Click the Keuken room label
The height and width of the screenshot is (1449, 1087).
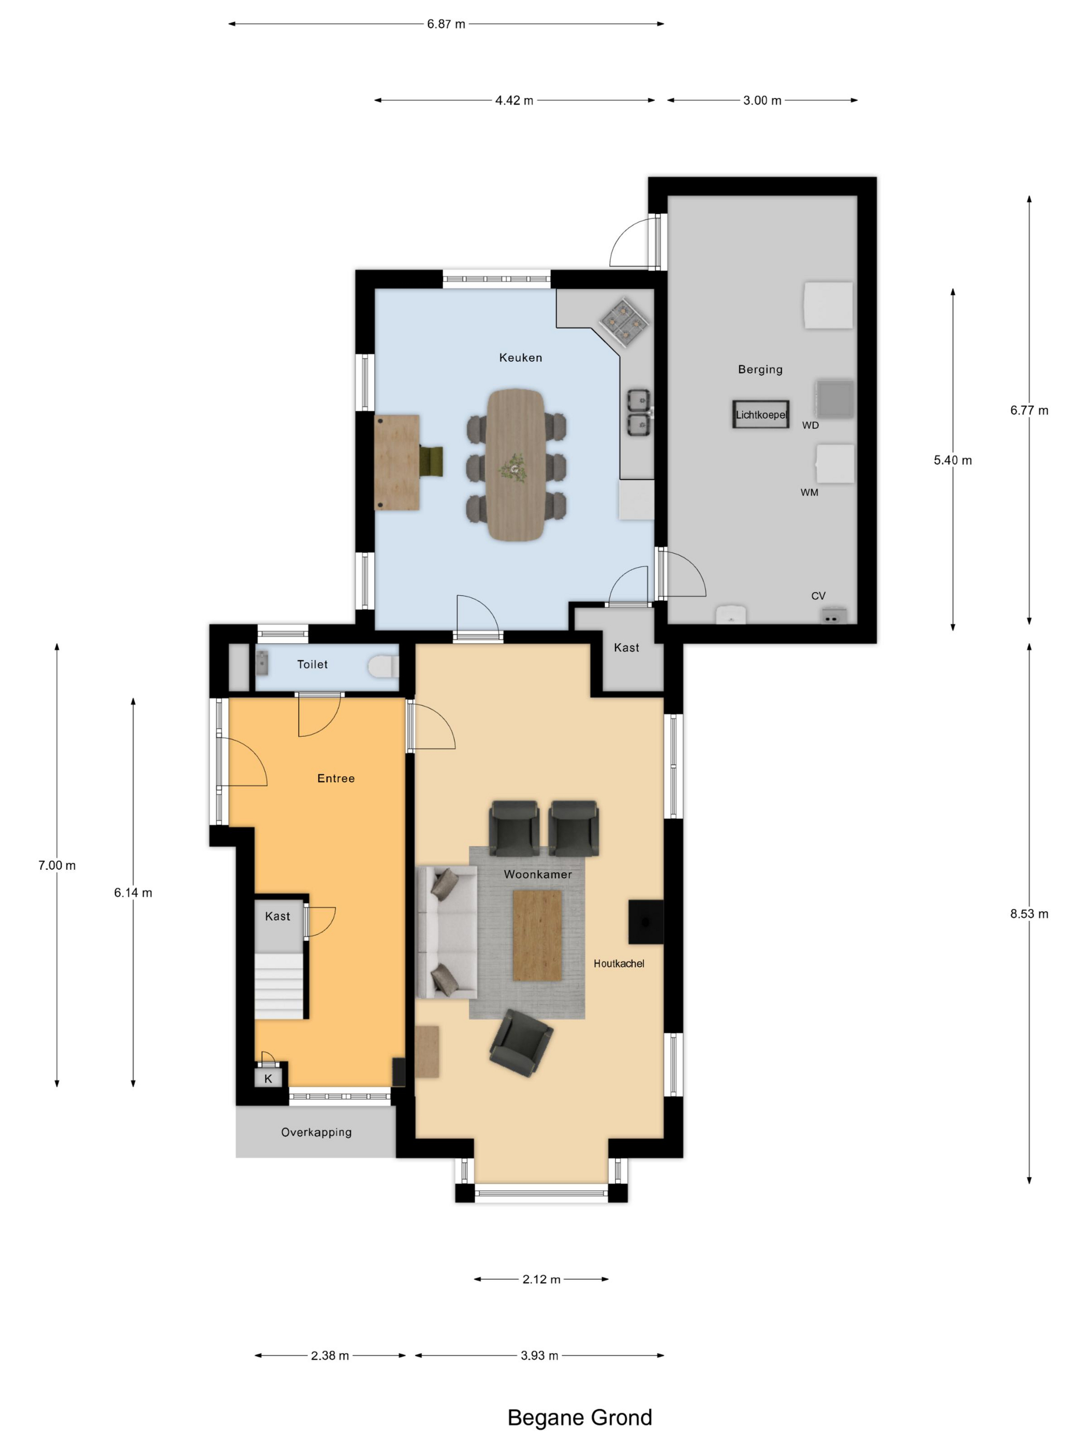coord(520,358)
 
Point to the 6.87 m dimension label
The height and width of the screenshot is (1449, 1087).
coord(446,24)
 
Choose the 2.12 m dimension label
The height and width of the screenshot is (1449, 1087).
coord(541,1279)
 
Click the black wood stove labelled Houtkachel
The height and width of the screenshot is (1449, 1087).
coord(645,922)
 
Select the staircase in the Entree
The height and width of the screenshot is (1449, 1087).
coord(279,986)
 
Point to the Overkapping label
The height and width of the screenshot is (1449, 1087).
coord(316,1132)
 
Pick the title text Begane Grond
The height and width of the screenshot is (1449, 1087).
coord(580,1417)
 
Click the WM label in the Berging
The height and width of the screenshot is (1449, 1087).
coord(809,492)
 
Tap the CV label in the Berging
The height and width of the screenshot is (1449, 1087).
coord(818,596)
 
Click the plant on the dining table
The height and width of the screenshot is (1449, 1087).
coord(513,468)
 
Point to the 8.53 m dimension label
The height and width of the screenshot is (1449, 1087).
coord(1029,914)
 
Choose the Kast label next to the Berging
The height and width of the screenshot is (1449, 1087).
coord(626,648)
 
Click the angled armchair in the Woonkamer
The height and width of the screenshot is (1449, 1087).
coord(521,1043)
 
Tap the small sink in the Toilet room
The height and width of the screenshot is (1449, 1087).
coord(261,663)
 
